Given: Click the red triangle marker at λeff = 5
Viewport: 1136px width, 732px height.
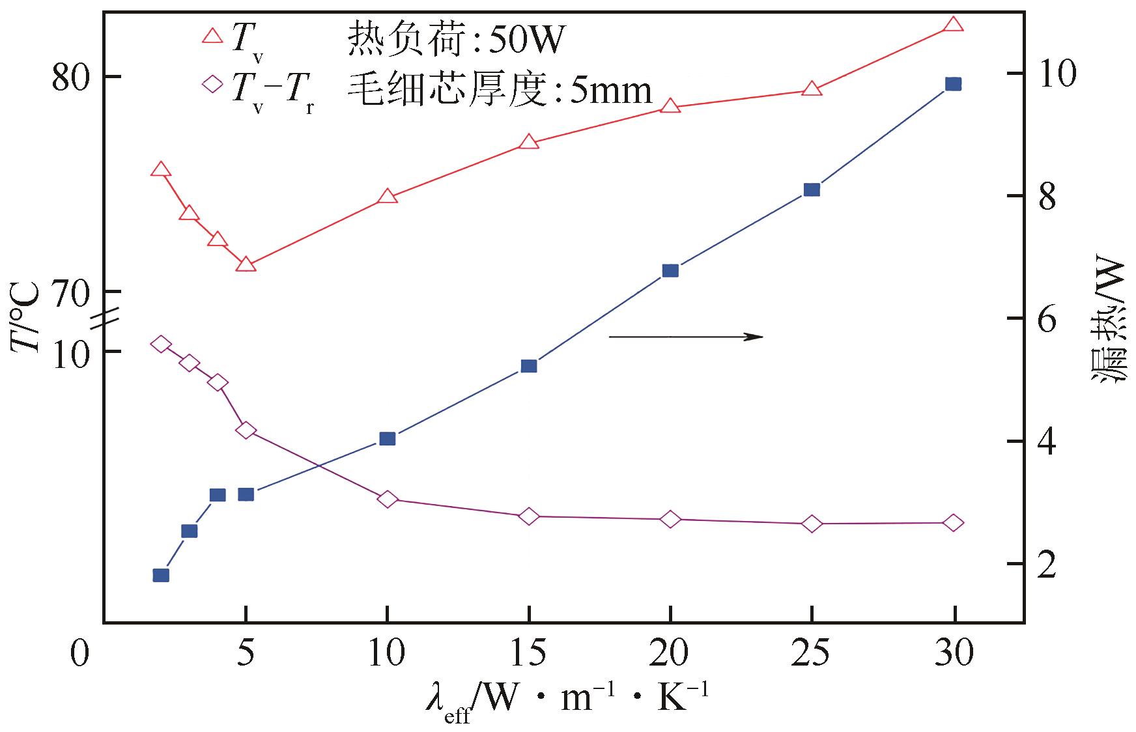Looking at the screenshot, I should pos(246,264).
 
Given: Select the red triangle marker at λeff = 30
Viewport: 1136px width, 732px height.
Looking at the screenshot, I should pos(953,25).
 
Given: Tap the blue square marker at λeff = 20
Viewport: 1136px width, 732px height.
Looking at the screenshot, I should pos(670,270).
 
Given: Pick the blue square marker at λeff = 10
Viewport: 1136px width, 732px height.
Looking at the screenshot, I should pos(387,438).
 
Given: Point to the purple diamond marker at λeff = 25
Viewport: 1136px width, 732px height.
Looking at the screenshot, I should pos(812,524).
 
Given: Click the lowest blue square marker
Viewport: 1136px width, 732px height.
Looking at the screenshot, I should pos(161,575).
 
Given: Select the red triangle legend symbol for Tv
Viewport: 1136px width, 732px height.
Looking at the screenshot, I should pos(213,36).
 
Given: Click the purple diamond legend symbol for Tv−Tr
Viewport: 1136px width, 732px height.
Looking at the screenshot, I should pos(213,85).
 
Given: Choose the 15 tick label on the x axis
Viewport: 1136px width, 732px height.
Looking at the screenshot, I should pos(529,653).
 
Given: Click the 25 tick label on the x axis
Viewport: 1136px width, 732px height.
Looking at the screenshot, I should pos(812,653).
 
